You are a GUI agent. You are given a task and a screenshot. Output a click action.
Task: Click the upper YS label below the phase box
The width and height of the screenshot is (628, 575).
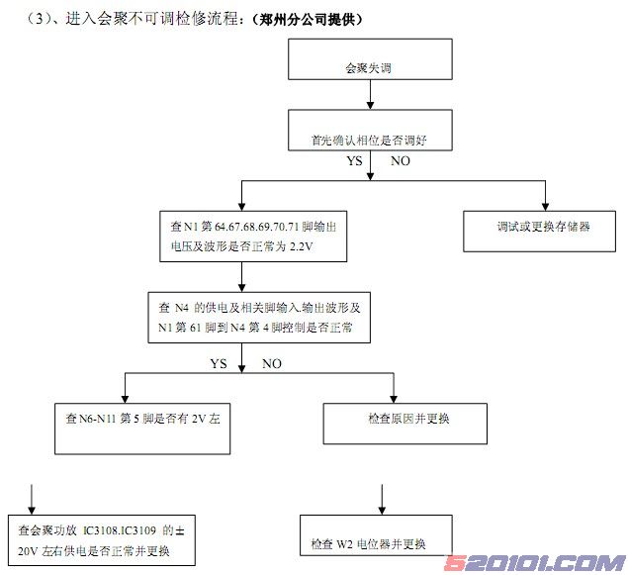click(353, 160)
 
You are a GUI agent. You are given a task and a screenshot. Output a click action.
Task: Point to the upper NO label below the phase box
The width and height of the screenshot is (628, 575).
click(401, 160)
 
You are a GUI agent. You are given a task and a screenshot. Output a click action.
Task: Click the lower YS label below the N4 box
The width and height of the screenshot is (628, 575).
click(219, 363)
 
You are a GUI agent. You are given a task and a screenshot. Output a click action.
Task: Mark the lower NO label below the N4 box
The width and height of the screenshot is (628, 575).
click(271, 363)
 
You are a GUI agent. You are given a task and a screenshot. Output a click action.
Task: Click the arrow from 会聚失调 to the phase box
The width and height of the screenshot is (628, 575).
click(368, 95)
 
